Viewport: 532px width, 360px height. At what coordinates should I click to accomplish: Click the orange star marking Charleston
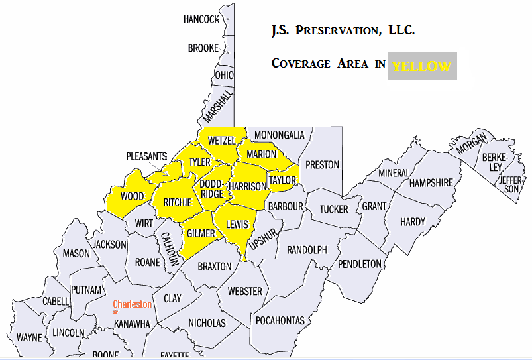pos(115,312)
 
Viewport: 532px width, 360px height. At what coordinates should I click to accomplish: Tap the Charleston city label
pos(133,304)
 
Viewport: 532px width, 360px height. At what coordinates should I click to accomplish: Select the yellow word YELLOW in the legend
pos(421,66)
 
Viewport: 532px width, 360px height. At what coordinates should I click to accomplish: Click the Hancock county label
pos(201,19)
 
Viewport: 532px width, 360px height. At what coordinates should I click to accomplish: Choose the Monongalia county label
pos(279,135)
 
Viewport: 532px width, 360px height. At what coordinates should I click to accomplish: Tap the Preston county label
pos(322,164)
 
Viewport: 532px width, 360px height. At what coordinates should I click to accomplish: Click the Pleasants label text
pos(146,156)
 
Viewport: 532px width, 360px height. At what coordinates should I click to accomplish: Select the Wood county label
pos(133,196)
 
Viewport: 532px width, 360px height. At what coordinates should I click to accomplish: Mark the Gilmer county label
pos(201,234)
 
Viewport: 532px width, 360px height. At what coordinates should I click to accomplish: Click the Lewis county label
pos(237,225)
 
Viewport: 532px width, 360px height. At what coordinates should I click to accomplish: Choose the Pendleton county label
pos(360,263)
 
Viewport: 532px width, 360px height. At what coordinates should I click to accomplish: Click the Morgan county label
pos(472,144)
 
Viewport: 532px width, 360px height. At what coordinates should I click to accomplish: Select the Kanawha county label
pos(133,324)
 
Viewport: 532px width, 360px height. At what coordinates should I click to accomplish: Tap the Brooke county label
pos(203,48)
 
